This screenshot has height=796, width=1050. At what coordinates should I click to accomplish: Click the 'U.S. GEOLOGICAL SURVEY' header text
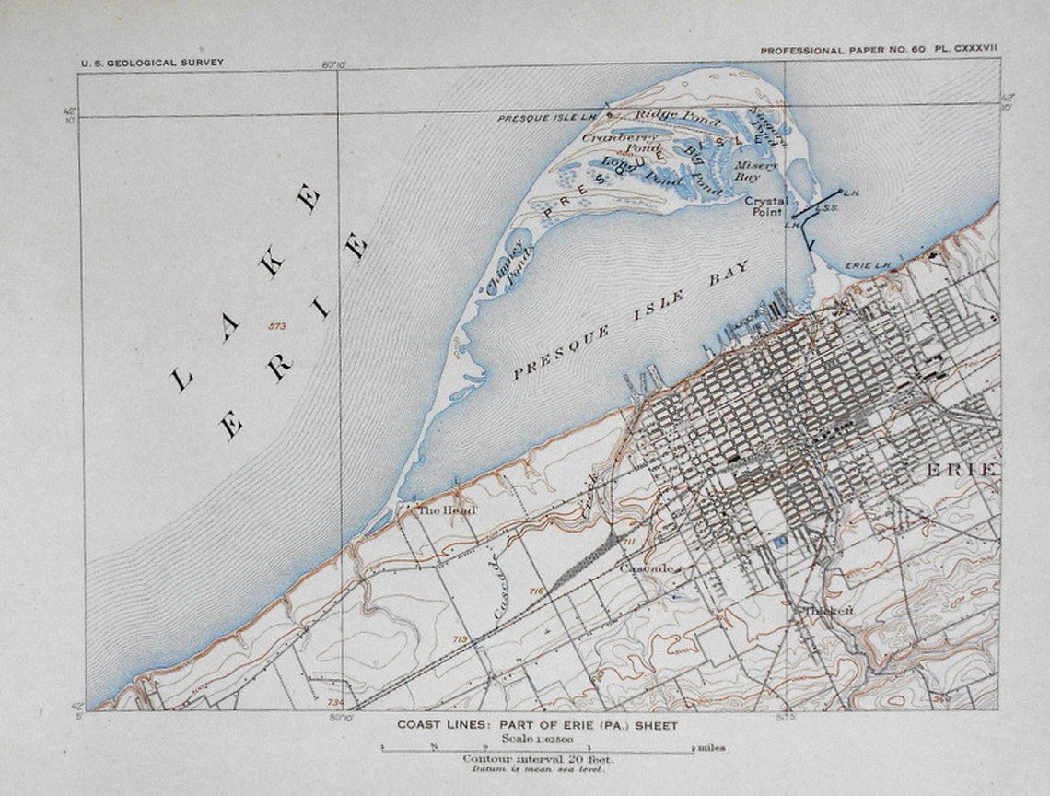coord(152,63)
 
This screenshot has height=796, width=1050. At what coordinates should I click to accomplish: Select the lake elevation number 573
coord(275,326)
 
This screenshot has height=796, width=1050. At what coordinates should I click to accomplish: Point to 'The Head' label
coord(447,509)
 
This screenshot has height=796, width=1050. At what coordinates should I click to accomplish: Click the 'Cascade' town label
coord(648,568)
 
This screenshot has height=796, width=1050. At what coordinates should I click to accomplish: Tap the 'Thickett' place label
coord(828,610)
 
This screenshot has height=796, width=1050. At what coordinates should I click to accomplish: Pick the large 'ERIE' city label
coord(962,471)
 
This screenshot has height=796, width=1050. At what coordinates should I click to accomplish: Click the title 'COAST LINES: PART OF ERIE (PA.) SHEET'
coord(537,725)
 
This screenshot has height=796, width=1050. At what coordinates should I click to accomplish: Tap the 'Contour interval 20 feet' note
coord(537,758)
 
